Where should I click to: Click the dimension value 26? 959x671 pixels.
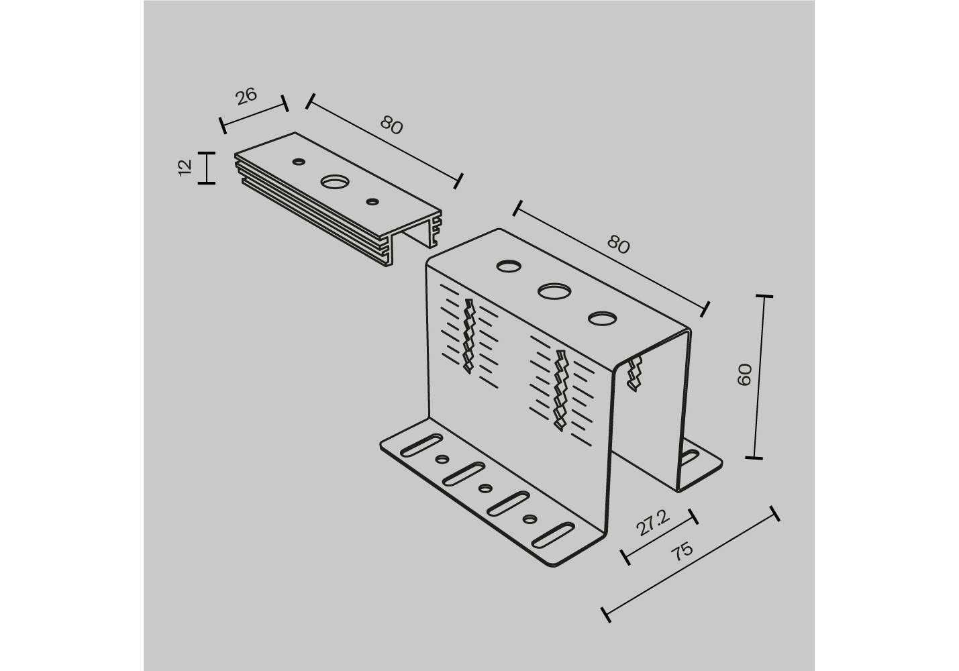point(246,96)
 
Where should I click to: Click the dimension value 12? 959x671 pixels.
point(185,167)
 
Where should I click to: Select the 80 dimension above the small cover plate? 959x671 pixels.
point(391,125)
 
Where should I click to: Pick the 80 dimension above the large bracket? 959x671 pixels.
point(618,245)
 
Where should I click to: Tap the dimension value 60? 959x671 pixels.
point(745,374)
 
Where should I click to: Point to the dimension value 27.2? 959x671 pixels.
point(653,523)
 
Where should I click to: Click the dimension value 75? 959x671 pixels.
point(682,552)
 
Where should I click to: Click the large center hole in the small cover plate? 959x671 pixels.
point(335,182)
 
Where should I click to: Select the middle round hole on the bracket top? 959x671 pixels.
point(554,291)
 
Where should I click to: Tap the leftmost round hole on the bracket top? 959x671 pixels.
point(509,266)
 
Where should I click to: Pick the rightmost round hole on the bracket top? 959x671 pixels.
point(603,318)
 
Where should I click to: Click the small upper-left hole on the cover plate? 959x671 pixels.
point(299,161)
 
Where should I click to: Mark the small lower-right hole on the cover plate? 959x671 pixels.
point(373,201)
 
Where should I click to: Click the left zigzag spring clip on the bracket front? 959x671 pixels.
point(469,336)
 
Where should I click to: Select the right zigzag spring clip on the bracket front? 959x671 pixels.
point(561,391)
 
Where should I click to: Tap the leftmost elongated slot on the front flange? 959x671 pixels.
point(421,445)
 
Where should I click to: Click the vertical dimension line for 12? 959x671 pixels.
point(207,168)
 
